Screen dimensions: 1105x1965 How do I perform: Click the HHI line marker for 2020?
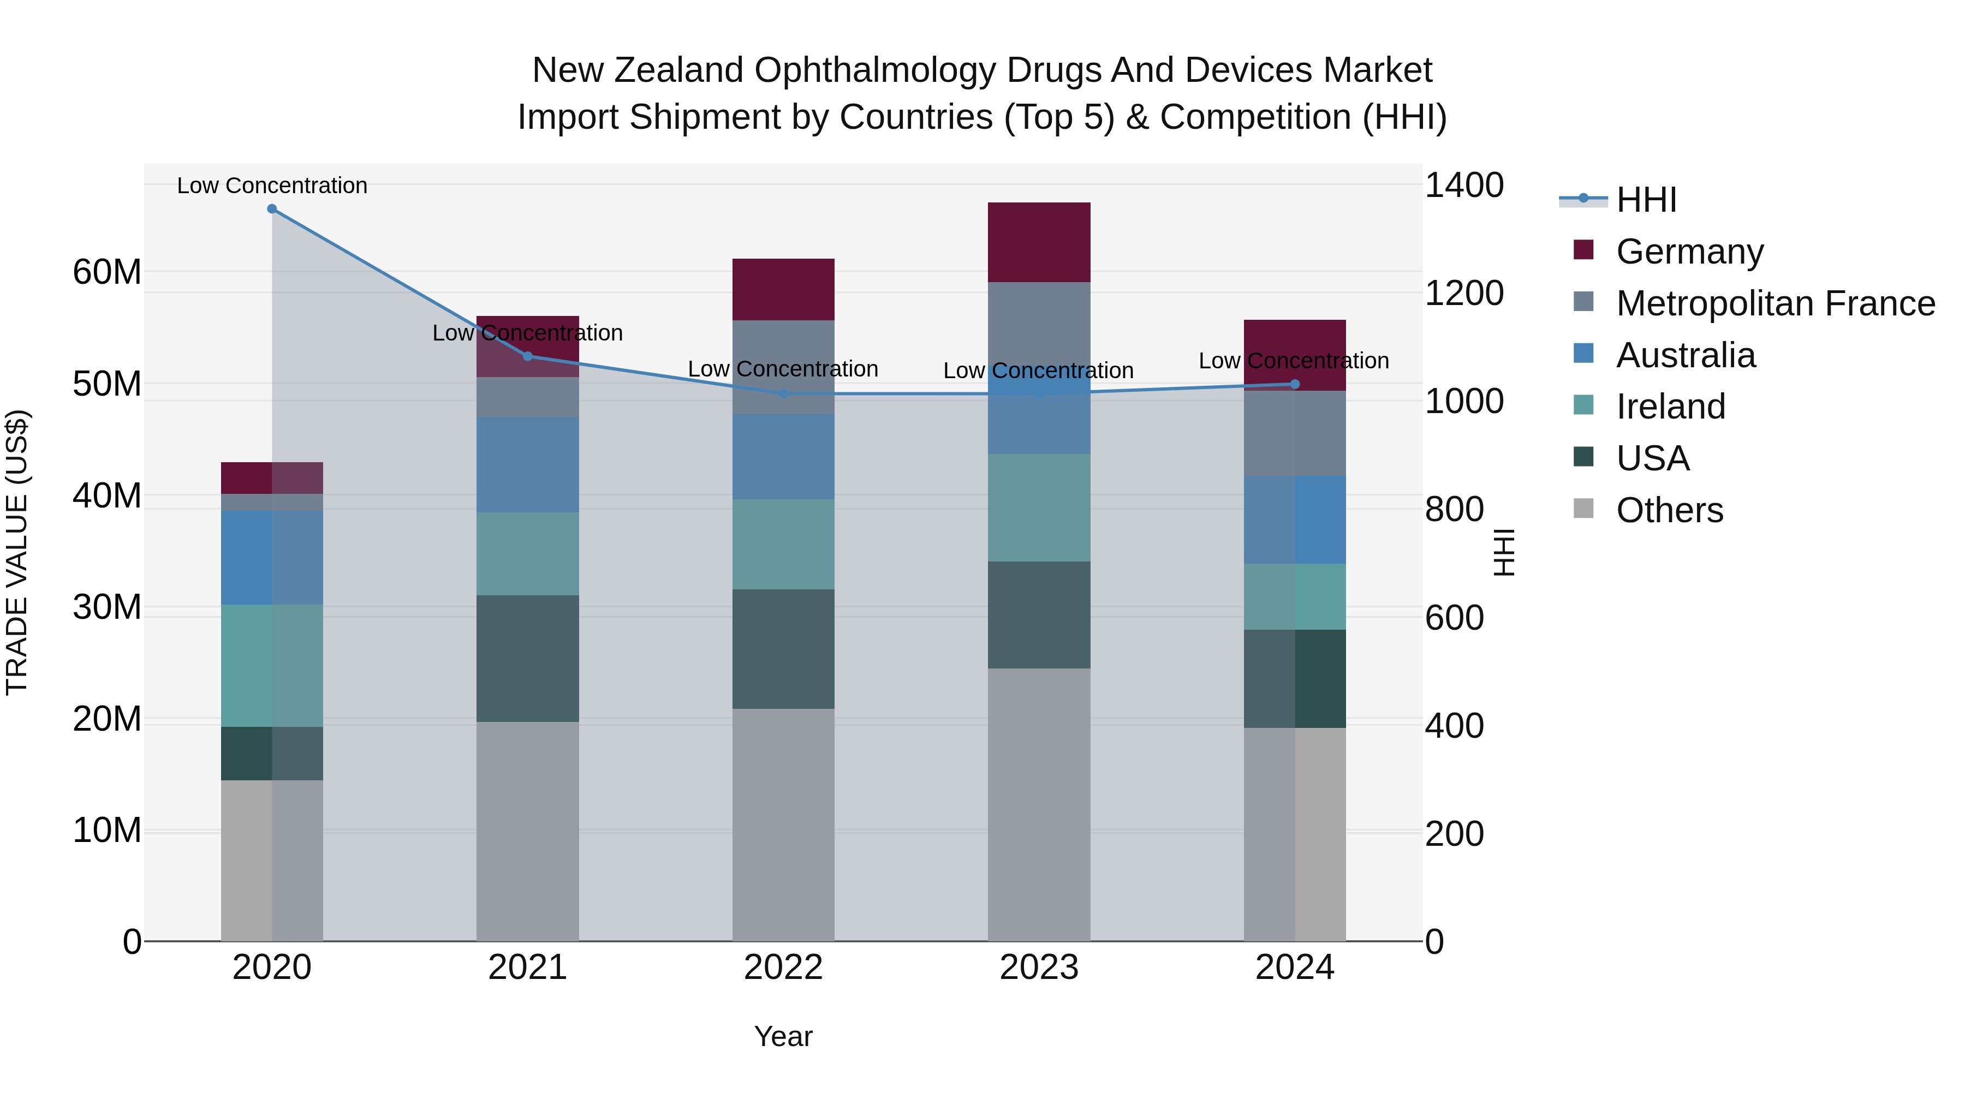pyautogui.click(x=272, y=209)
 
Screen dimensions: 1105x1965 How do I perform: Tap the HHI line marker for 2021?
pyautogui.click(x=527, y=356)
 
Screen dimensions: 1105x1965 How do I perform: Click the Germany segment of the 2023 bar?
pyautogui.click(x=1038, y=242)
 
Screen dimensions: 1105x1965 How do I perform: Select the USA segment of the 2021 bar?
pyautogui.click(x=527, y=658)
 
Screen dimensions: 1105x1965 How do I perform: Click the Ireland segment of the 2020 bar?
pyautogui.click(x=272, y=665)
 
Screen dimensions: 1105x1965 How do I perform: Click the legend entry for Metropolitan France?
pyautogui.click(x=1775, y=303)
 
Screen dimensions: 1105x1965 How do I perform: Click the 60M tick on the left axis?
pyautogui.click(x=107, y=272)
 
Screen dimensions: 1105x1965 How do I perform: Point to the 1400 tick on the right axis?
pyautogui.click(x=1463, y=186)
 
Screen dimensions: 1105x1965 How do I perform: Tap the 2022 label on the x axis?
pyautogui.click(x=783, y=967)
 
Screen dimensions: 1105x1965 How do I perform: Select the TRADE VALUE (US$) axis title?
pyautogui.click(x=17, y=552)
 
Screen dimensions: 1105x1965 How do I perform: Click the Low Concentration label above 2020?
pyautogui.click(x=272, y=186)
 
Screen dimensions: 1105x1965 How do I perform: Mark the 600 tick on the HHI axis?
pyautogui.click(x=1453, y=618)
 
